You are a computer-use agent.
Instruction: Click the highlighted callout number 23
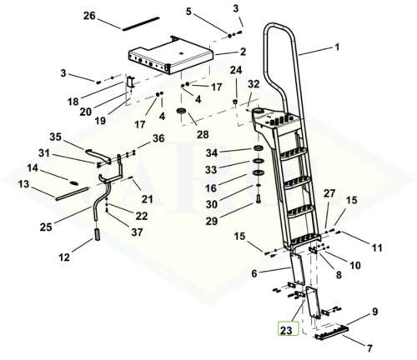(286, 330)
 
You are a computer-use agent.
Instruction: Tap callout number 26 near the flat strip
(89, 16)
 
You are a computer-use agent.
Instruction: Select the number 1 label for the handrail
(337, 47)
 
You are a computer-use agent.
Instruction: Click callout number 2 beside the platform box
(243, 52)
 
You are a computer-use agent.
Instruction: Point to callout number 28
(203, 134)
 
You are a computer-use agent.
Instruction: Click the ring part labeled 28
(182, 111)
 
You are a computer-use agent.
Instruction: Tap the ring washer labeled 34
(259, 148)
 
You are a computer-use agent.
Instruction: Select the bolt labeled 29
(257, 199)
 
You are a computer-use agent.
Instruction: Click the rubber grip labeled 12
(98, 235)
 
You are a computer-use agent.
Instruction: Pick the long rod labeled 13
(73, 193)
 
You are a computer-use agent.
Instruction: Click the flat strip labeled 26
(140, 24)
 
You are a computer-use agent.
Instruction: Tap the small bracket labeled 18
(130, 82)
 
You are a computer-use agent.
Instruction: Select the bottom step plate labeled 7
(332, 332)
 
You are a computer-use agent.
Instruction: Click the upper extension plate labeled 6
(298, 268)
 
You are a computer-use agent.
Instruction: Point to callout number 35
(55, 137)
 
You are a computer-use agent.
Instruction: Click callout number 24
(236, 70)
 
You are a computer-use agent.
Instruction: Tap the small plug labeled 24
(235, 102)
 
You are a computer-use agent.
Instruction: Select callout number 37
(137, 232)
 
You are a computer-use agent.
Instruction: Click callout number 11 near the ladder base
(377, 247)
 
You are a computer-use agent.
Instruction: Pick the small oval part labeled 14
(74, 182)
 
